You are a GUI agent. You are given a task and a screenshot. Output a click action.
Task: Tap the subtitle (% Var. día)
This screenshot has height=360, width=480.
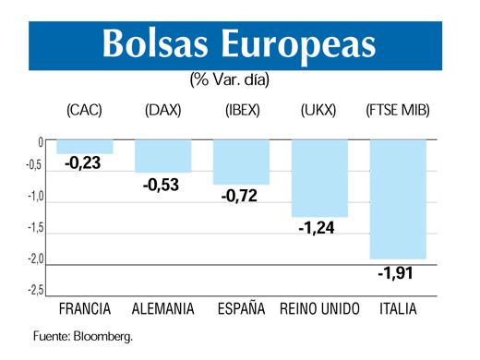pyautogui.click(x=230, y=80)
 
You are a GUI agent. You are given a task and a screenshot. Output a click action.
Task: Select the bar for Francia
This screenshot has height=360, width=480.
pyautogui.click(x=84, y=147)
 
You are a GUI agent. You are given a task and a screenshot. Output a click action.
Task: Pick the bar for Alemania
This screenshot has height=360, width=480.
pyautogui.click(x=162, y=156)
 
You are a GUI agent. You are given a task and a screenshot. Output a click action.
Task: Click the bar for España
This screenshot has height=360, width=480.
pyautogui.click(x=241, y=162)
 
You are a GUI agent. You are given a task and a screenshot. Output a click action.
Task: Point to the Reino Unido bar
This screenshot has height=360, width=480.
pyautogui.click(x=319, y=178)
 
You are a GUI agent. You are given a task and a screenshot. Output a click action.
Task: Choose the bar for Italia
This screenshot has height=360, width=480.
pyautogui.click(x=398, y=199)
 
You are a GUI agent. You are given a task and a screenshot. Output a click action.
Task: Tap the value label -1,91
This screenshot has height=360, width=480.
pyautogui.click(x=398, y=273)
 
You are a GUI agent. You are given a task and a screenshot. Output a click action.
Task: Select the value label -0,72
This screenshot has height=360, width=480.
pyautogui.click(x=240, y=196)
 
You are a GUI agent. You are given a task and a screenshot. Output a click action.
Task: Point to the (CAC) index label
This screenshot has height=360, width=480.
pyautogui.click(x=84, y=111)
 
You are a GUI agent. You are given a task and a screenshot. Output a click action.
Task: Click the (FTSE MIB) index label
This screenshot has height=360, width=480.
pyautogui.click(x=398, y=111)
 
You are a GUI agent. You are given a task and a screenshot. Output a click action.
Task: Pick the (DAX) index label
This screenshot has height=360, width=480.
pyautogui.click(x=163, y=111)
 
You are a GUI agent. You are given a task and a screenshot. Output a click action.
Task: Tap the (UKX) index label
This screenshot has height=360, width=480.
pyautogui.click(x=318, y=111)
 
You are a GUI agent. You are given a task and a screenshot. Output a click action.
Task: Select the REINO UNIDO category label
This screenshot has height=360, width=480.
pyautogui.click(x=319, y=309)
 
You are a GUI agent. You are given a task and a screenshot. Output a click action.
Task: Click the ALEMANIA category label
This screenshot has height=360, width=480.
pyautogui.click(x=163, y=309)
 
